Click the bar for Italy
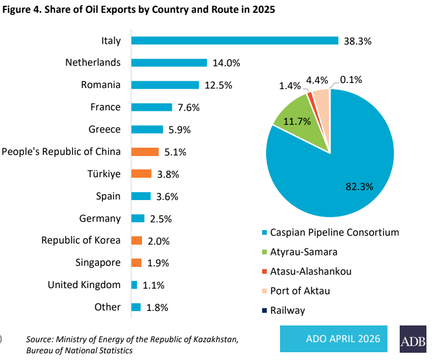tap(234, 40)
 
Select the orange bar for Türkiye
tap(141, 174)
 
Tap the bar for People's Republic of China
tap(145, 152)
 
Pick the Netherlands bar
tap(169, 63)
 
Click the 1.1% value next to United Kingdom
tap(153, 285)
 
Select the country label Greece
tap(104, 129)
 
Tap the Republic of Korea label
tap(81, 240)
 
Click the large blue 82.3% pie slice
tap(334, 167)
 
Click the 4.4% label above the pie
tap(318, 80)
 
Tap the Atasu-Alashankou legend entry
tap(310, 271)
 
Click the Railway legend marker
tap(264, 310)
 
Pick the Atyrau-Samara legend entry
tap(303, 251)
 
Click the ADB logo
tap(413, 339)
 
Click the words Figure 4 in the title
tap(22, 10)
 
